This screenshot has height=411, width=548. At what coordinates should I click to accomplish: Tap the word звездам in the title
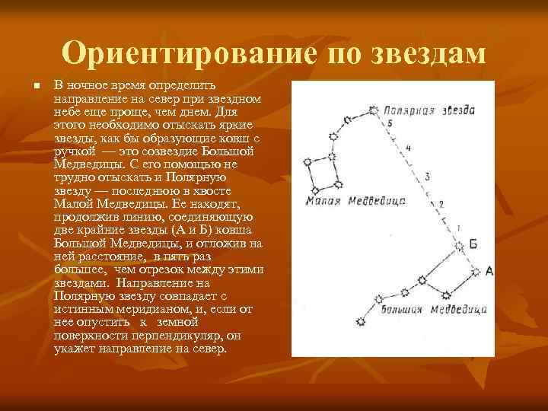coord(429,53)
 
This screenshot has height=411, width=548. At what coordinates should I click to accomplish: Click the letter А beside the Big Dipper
coord(489,271)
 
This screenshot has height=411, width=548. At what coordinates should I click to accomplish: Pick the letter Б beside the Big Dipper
coord(473,244)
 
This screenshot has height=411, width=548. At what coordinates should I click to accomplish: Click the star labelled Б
coord(459,245)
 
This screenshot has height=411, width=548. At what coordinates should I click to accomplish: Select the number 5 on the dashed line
coord(390,123)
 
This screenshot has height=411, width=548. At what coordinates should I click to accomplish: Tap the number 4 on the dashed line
coord(409,148)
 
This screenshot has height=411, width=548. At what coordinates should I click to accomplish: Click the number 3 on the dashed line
coord(426,177)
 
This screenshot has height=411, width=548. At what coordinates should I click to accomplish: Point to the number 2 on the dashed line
coord(441,204)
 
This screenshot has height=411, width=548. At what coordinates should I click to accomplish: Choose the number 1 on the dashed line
coord(457,228)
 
